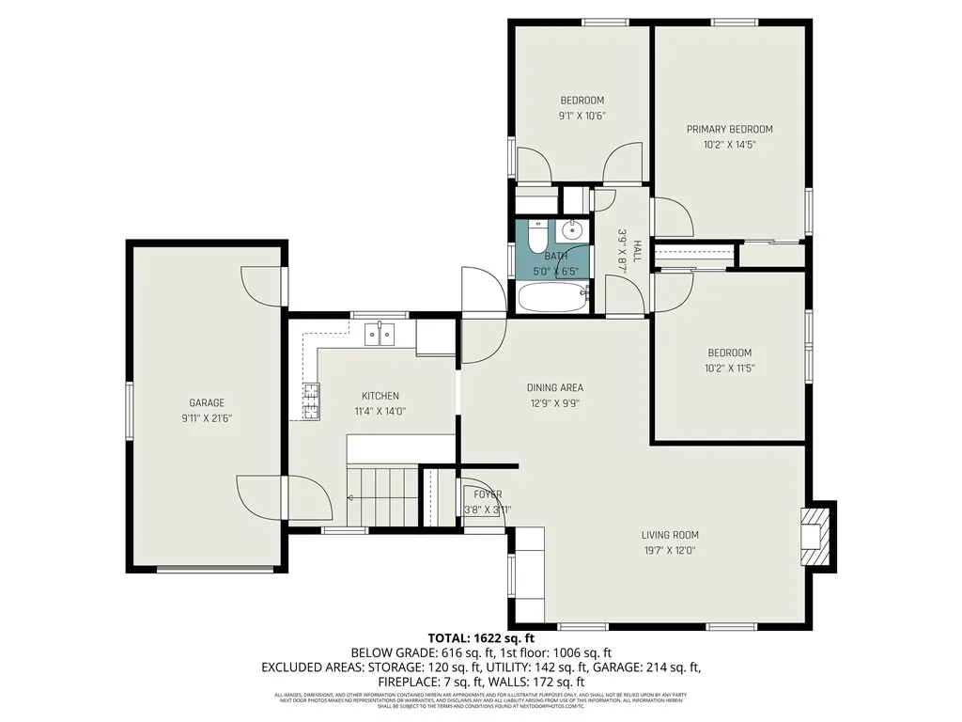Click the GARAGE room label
tap(207, 402)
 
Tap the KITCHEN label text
tap(380, 396)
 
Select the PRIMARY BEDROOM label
tap(729, 130)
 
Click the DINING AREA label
tap(554, 387)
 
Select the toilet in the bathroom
tap(536, 236)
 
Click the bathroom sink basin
tap(572, 230)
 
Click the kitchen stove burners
tap(311, 402)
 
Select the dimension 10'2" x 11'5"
tap(729, 369)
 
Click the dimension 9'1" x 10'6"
tap(582, 116)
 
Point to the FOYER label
tap(488, 494)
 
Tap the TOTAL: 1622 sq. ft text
tap(481, 637)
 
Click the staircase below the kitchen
tap(382, 495)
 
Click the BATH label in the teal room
tap(555, 256)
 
